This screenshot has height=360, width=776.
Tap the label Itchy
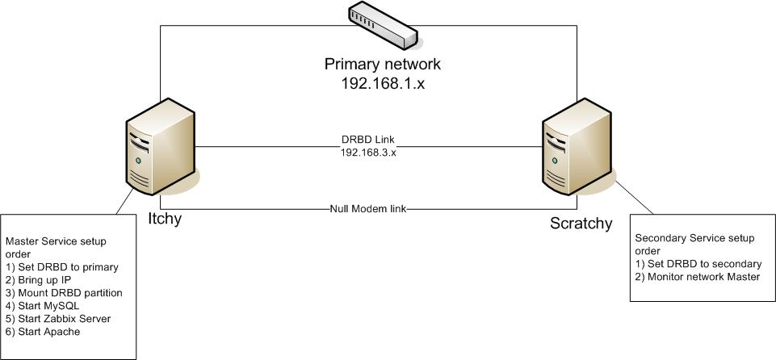165,218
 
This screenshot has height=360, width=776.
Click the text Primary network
383,65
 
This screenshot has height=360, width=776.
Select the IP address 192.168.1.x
383,83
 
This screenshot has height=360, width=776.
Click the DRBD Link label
369,139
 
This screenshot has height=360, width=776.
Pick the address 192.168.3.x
369,151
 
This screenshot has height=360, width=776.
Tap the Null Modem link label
368,208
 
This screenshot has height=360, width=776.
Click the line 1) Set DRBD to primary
62,267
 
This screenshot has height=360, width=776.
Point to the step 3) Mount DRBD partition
64,293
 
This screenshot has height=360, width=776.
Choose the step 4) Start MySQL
44,306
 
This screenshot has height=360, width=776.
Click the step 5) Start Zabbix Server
58,319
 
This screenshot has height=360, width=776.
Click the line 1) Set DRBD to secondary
698,264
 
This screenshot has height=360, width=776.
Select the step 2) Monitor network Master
698,277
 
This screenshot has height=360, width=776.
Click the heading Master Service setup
67,241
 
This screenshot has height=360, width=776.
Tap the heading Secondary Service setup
695,238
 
